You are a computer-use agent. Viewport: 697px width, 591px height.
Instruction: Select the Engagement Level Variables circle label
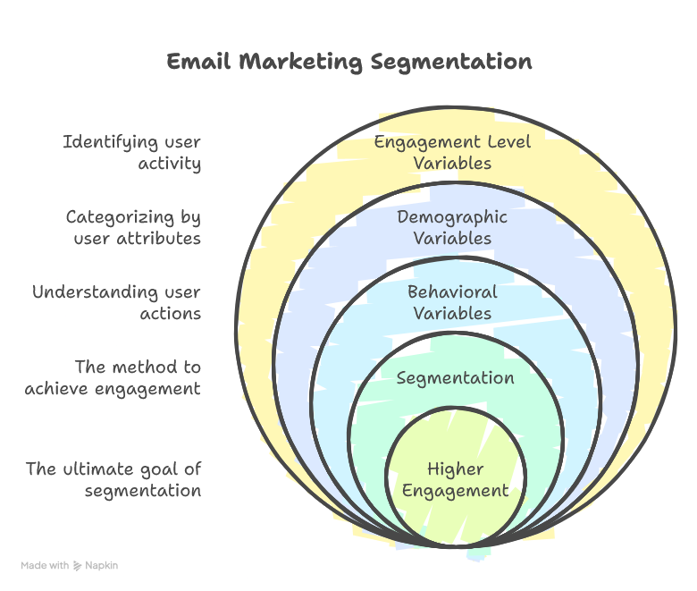pos(452,152)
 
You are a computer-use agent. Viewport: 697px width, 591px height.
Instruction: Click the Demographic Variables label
pos(452,227)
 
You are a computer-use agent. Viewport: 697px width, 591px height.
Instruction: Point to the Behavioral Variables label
pos(452,302)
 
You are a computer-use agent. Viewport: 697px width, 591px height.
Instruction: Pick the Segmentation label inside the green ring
pos(455,377)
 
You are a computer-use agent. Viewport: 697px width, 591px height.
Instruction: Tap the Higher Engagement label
pos(456,479)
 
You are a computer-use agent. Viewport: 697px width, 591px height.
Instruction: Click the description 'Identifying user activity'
pos(131,152)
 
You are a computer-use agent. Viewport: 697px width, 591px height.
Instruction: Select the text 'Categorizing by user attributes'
pos(133,227)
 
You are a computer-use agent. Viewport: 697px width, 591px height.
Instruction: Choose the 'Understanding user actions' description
pos(116,302)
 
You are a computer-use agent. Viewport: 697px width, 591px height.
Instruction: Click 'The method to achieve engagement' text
pos(113,377)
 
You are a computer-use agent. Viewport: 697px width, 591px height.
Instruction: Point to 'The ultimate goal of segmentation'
pos(113,479)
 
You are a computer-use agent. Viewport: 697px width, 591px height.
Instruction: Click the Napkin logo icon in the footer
pos(79,565)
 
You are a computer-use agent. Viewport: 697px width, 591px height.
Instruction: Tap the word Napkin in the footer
pos(102,565)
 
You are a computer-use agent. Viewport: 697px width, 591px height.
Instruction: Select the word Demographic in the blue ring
pos(452,217)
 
